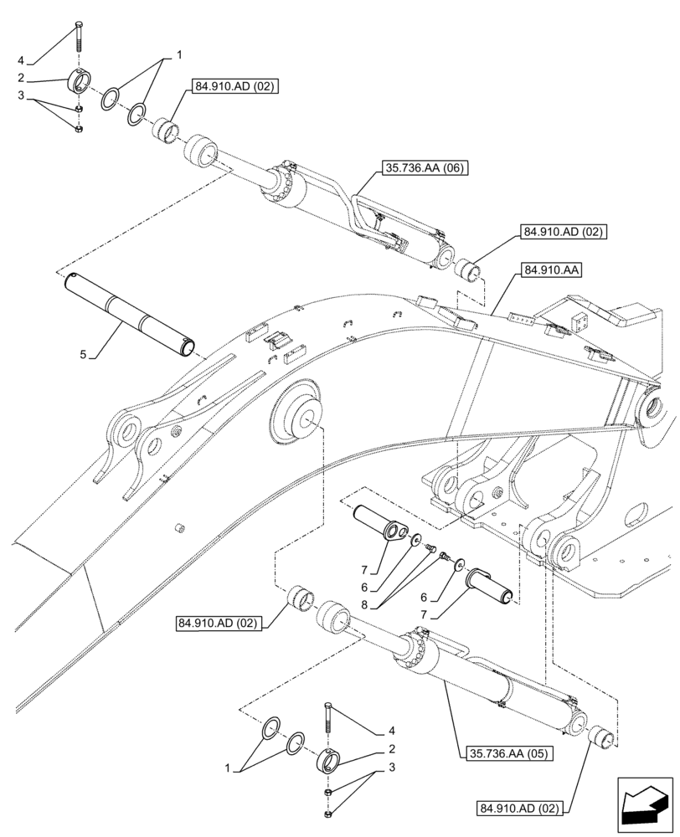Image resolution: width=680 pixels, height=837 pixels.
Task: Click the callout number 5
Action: [x=83, y=355]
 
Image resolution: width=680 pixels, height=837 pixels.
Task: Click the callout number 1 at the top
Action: [x=178, y=55]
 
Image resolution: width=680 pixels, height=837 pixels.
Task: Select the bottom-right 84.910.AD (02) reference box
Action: [x=523, y=808]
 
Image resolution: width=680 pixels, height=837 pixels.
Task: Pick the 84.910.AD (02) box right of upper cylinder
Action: [x=564, y=232]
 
